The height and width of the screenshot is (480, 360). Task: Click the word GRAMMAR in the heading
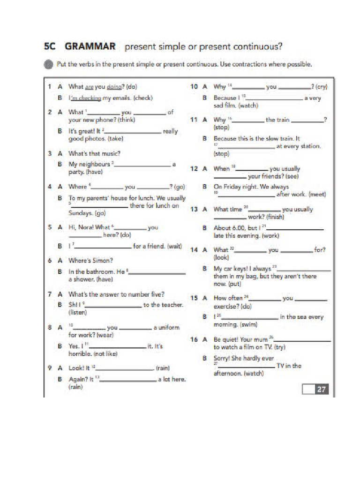(90, 47)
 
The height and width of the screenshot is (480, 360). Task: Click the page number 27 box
(321, 389)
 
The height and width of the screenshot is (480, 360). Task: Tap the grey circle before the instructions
(49, 65)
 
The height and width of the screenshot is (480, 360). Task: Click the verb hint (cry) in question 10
(321, 87)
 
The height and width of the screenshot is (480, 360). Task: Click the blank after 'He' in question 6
(160, 272)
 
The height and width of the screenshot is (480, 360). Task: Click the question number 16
(194, 339)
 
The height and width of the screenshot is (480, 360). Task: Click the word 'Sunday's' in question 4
(81, 213)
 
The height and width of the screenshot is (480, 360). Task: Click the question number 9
(49, 368)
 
